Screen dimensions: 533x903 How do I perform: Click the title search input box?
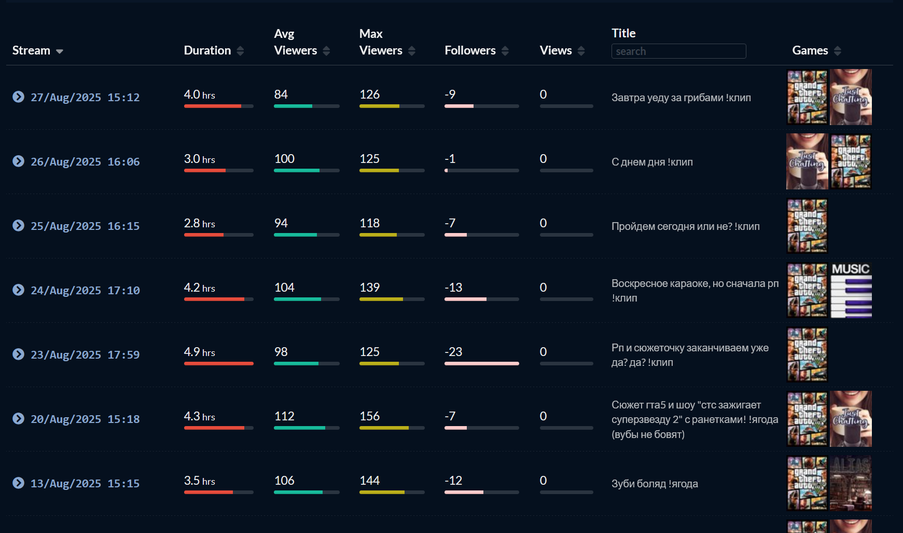click(678, 51)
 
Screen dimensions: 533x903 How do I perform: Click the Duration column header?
click(207, 50)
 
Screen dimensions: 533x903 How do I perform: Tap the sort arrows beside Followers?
click(505, 51)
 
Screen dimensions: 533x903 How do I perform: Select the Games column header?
click(810, 50)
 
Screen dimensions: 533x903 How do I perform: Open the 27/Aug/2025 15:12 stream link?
click(85, 97)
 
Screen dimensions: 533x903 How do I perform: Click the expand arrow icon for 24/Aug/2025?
click(18, 290)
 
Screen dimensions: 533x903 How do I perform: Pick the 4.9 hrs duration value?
click(199, 352)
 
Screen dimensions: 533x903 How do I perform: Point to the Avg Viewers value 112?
click(284, 416)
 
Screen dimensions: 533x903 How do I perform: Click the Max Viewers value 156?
click(369, 416)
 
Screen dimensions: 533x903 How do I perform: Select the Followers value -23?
click(453, 352)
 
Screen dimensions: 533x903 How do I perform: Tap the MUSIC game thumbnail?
click(851, 290)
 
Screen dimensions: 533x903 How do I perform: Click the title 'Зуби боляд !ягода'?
click(655, 484)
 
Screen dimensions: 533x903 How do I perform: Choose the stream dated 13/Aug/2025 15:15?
click(85, 483)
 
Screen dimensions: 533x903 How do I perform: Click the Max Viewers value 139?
click(369, 288)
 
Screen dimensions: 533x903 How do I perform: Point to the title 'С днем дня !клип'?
click(652, 162)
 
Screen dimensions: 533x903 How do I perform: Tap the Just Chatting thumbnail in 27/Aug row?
click(851, 97)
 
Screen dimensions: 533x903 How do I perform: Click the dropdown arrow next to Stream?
click(60, 51)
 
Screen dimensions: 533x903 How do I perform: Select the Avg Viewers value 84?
click(281, 94)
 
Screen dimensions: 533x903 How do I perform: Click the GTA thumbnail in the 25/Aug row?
click(807, 226)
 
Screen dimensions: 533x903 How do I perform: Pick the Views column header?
click(555, 50)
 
